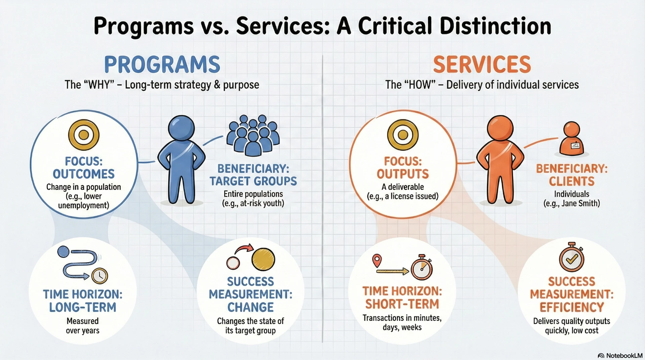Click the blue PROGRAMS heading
click(x=162, y=65)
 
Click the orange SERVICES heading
click(x=482, y=65)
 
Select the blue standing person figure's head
click(x=181, y=128)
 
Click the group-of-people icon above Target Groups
click(x=253, y=135)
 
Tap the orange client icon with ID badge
click(x=571, y=139)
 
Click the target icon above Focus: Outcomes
click(x=84, y=135)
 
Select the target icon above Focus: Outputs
click(x=403, y=135)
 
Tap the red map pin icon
click(x=377, y=261)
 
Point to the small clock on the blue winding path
click(x=99, y=276)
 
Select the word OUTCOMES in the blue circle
click(x=84, y=174)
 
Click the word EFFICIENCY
click(x=572, y=307)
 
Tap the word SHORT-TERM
click(x=402, y=304)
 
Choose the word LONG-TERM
click(x=83, y=307)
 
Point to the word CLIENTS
click(x=572, y=182)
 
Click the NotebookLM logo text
click(x=624, y=356)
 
